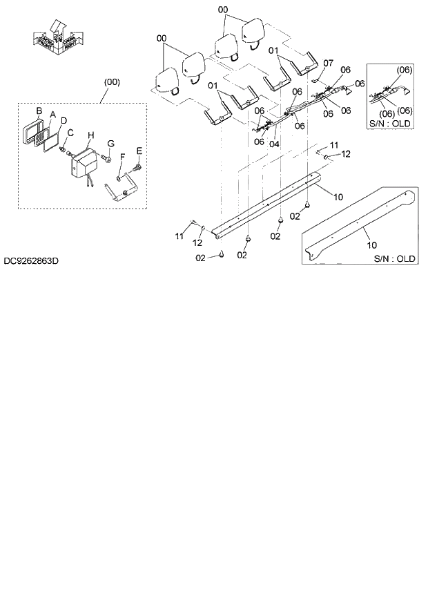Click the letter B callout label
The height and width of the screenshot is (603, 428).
pyautogui.click(x=39, y=111)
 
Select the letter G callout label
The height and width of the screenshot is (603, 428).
pyautogui.click(x=110, y=143)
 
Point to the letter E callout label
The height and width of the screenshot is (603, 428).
pyautogui.click(x=139, y=151)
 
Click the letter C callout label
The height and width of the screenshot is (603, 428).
pyautogui.click(x=70, y=131)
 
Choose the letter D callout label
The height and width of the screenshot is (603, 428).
pyautogui.click(x=64, y=119)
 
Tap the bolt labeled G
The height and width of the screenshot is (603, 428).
pyautogui.click(x=106, y=159)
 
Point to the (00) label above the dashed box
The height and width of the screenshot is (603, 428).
pyautogui.click(x=111, y=82)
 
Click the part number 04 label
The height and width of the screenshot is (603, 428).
pyautogui.click(x=274, y=145)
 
